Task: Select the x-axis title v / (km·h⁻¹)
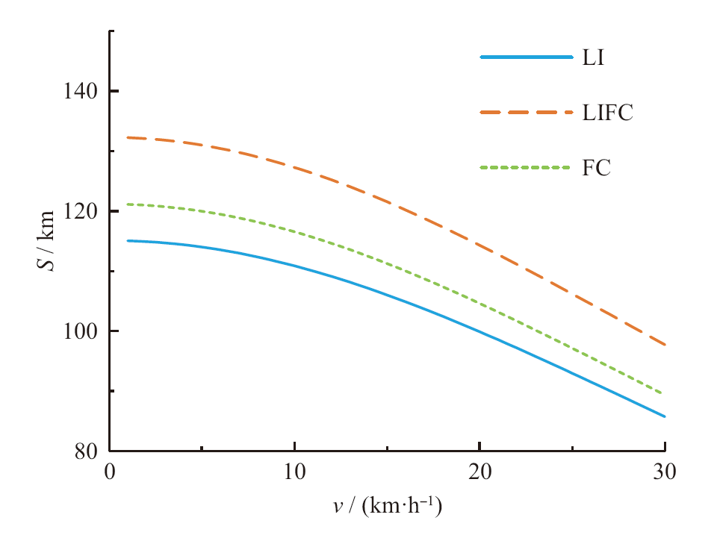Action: (x=387, y=507)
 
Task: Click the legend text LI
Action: (x=592, y=57)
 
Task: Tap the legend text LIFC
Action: (x=608, y=113)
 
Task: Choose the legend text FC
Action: (x=596, y=168)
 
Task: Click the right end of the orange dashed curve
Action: (x=664, y=345)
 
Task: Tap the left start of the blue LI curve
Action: (x=128, y=240)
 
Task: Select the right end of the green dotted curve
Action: (x=664, y=393)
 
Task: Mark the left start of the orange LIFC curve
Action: (x=128, y=137)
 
